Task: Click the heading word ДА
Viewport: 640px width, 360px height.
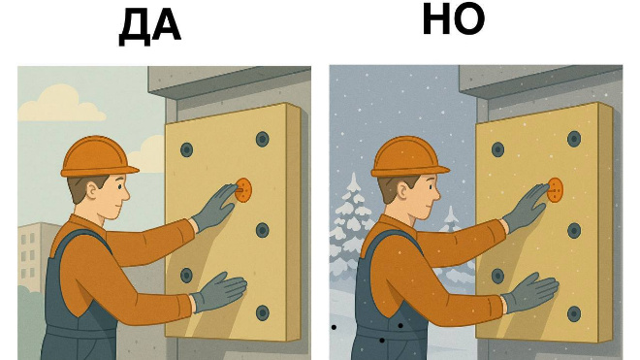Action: point(150,27)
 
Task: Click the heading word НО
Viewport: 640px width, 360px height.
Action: point(454,20)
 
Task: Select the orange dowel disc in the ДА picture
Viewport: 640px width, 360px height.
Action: point(243,190)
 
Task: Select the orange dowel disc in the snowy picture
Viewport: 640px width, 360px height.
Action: point(555,190)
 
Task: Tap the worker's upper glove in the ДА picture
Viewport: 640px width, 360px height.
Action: point(214,205)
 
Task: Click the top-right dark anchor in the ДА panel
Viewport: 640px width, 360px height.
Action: point(262,139)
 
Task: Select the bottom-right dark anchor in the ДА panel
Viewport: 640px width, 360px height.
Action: point(262,312)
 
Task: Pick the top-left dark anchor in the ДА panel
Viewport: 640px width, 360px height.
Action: point(186,150)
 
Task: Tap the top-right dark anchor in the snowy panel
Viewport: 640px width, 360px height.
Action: point(573,139)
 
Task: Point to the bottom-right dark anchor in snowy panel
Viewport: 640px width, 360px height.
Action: point(573,312)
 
